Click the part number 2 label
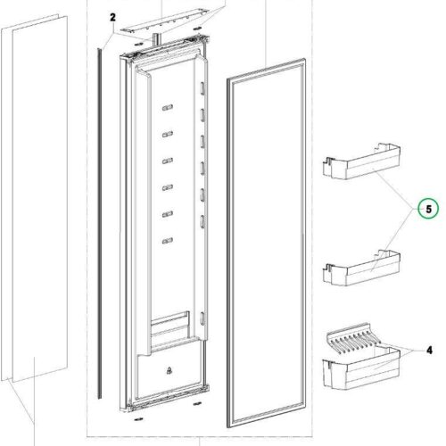(x=113, y=17)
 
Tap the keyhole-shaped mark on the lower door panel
(x=168, y=367)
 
